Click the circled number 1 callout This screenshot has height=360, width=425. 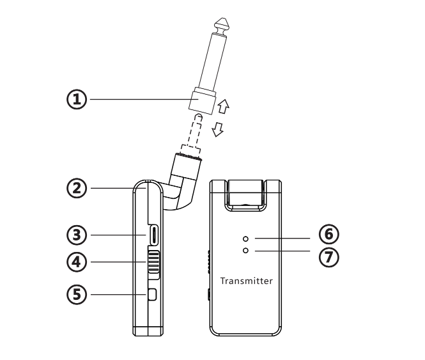[77, 99]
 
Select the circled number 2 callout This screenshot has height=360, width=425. [77, 188]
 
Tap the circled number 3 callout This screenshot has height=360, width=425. [77, 235]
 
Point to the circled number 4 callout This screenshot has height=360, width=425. [77, 262]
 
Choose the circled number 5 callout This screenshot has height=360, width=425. [77, 295]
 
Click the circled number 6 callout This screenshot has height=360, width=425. [328, 234]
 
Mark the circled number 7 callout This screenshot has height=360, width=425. [328, 257]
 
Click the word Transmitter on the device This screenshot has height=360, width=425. [247, 281]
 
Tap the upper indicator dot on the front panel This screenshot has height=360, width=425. [245, 239]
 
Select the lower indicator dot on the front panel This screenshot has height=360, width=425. [245, 251]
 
